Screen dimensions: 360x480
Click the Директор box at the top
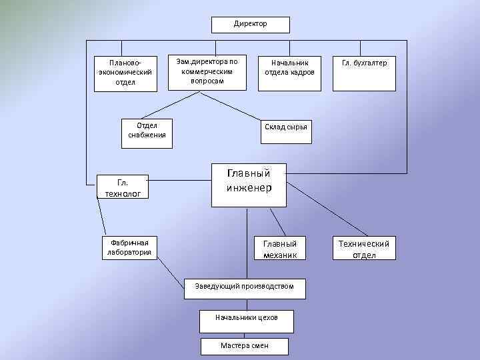point(251,25)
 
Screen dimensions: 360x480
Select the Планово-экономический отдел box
point(125,72)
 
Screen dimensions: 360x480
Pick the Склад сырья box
point(285,127)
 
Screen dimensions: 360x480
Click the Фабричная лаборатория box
point(129,247)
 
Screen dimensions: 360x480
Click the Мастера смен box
point(245,347)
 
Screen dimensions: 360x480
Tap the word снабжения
point(147,135)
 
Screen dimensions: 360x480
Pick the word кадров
point(302,73)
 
